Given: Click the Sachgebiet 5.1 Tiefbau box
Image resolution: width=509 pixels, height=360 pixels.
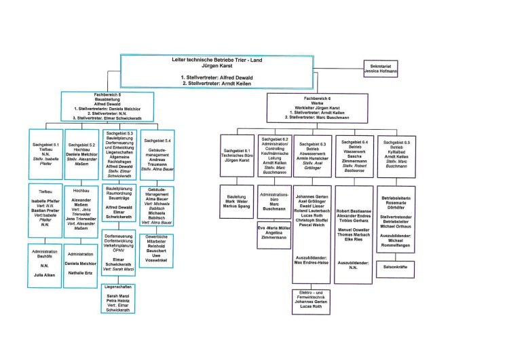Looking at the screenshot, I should pyautogui.click(x=45, y=154).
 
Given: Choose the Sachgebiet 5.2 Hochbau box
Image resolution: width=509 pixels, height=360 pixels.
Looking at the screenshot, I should pyautogui.click(x=81, y=154).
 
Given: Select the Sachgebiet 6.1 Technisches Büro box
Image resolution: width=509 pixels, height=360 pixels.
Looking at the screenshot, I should pyautogui.click(x=237, y=156).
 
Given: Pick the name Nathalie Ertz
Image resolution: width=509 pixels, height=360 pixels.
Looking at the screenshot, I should pyautogui.click(x=81, y=272).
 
